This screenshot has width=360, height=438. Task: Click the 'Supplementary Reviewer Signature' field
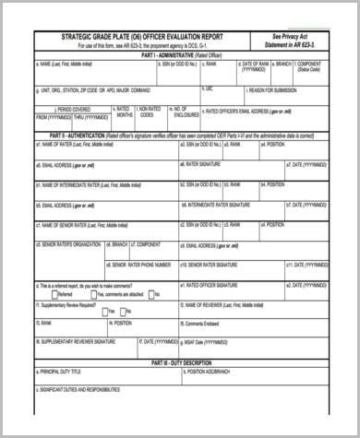pyautogui.click(x=74, y=341)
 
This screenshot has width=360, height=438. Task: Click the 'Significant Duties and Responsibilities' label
pyautogui.click(x=83, y=390)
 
